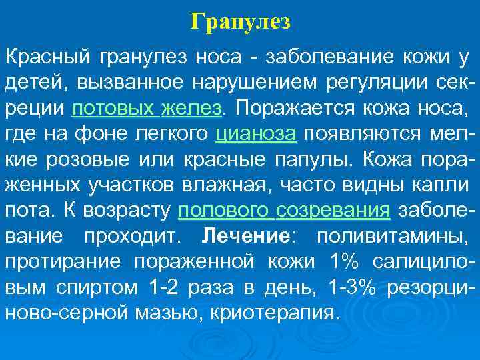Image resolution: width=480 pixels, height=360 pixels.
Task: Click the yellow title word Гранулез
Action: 240,23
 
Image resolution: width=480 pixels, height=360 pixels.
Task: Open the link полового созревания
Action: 285,211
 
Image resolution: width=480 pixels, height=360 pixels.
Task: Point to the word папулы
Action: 317,159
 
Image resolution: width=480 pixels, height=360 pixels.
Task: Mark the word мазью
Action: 175,313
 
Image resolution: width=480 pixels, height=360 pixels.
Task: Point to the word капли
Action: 441,185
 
